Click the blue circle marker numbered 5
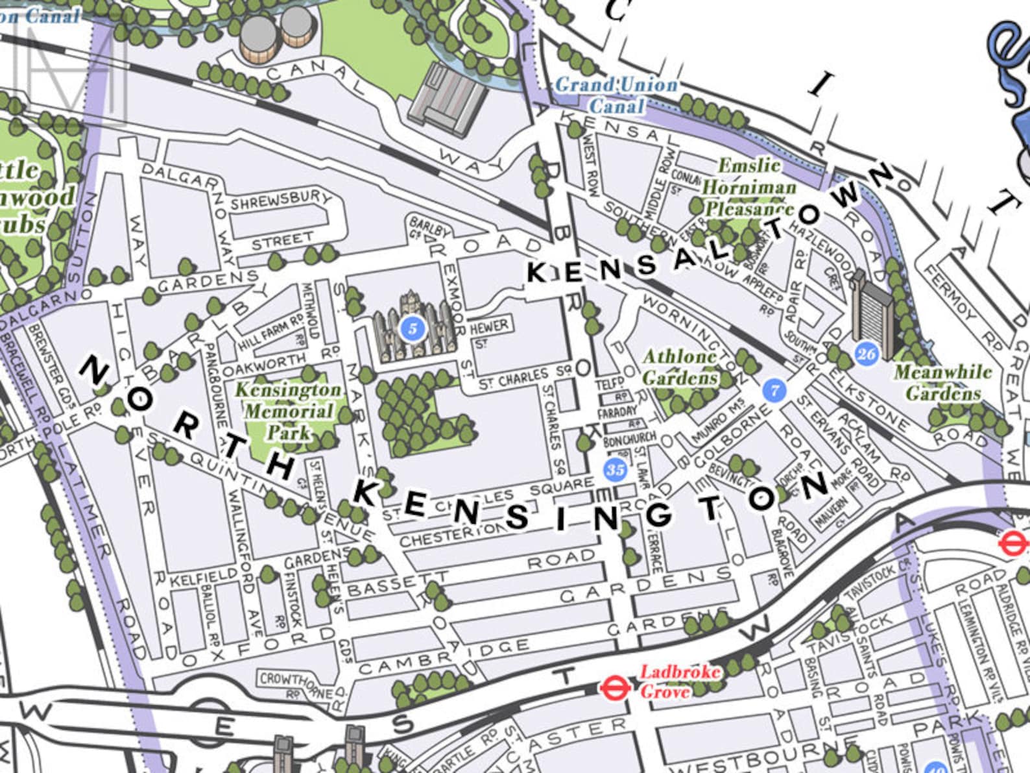[x=412, y=328]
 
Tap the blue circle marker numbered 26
[x=867, y=353]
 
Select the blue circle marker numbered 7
[x=774, y=390]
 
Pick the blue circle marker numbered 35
[x=615, y=469]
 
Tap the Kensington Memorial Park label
[x=287, y=411]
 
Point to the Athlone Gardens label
[x=680, y=367]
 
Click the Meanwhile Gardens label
[x=943, y=383]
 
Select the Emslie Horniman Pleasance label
[x=749, y=188]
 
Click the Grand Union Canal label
[x=616, y=95]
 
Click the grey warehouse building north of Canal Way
[x=448, y=99]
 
